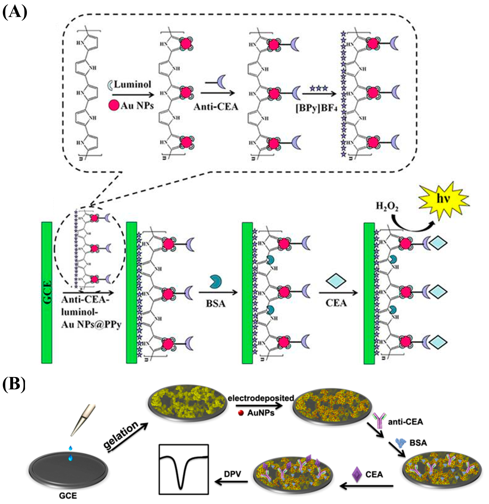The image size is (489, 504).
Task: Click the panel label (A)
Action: click(14, 12)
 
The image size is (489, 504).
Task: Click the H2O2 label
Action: click(387, 206)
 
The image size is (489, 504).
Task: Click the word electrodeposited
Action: click(260, 398)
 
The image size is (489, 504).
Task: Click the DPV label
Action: click(232, 474)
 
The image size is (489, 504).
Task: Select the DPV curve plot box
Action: click(184, 469)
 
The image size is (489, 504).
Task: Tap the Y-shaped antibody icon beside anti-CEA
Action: click(380, 421)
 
